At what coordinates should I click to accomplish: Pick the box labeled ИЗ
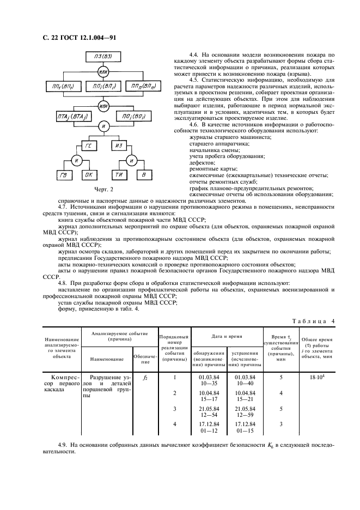(120, 145)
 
